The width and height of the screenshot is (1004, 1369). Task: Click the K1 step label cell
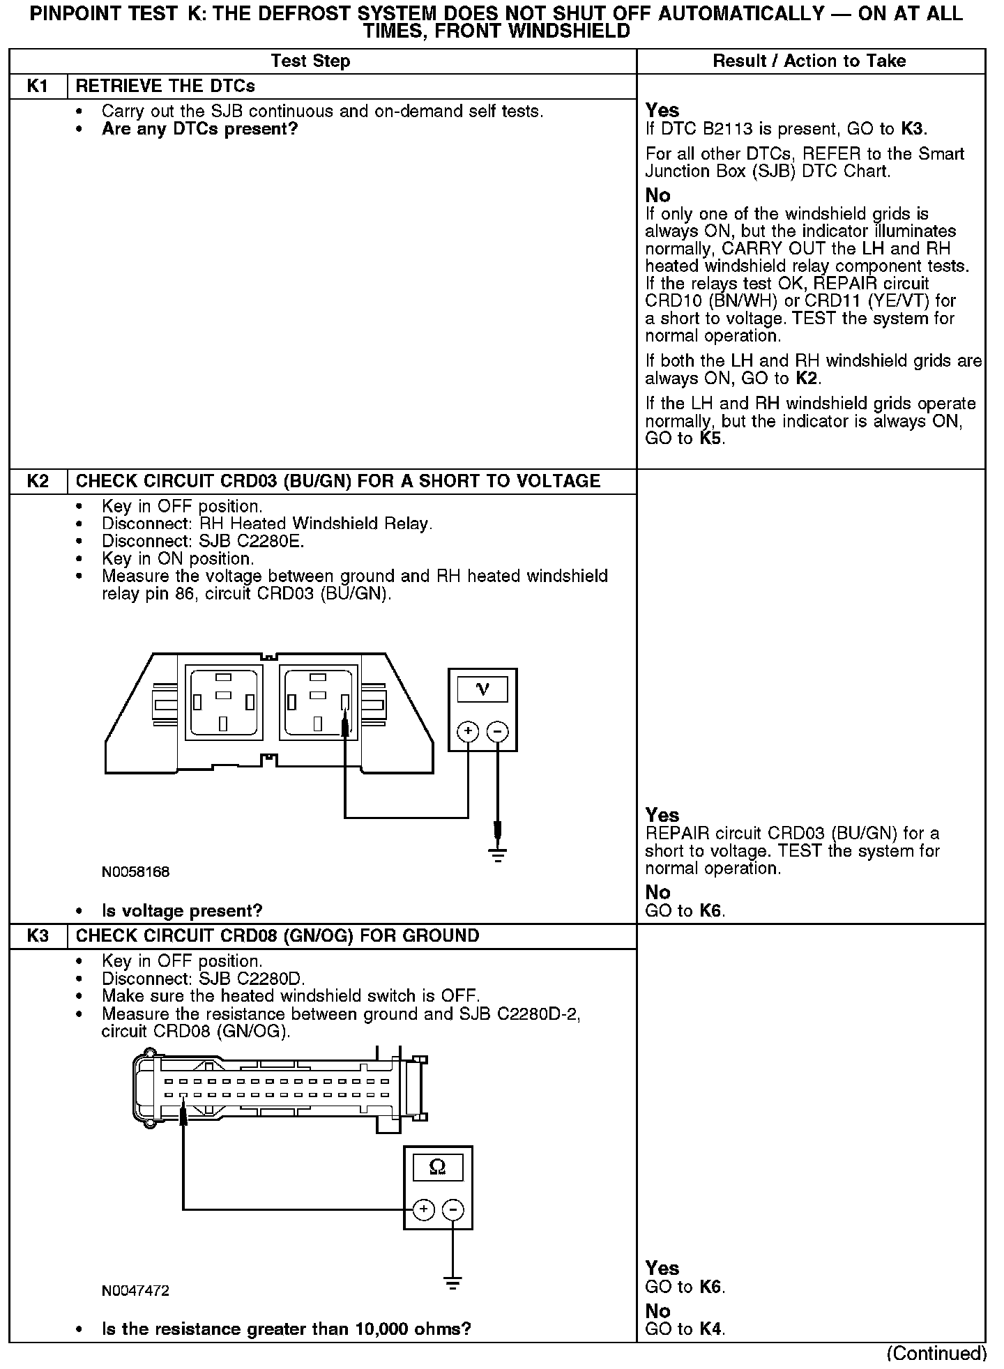click(x=38, y=86)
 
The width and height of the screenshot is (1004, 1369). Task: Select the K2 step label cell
click(x=38, y=482)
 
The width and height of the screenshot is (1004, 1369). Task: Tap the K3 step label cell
click(x=38, y=936)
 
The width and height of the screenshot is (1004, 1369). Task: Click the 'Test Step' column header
click(x=310, y=61)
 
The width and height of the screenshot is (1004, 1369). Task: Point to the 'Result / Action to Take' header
click(x=809, y=61)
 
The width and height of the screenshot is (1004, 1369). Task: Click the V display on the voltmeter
click(x=482, y=689)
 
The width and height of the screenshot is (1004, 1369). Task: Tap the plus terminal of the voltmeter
click(x=468, y=731)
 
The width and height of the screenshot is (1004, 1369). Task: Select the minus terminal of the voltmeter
click(x=497, y=731)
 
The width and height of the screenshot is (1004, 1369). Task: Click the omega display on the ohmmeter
click(x=438, y=1166)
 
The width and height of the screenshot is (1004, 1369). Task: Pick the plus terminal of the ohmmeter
click(x=423, y=1209)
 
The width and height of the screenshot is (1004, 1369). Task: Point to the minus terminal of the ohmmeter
click(x=453, y=1209)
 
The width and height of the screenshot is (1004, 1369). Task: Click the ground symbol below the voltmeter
click(x=497, y=855)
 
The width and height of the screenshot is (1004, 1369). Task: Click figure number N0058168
click(x=135, y=872)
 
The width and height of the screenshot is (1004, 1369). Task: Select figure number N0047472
click(x=135, y=1291)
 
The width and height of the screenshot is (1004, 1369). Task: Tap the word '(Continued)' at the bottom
click(x=936, y=1353)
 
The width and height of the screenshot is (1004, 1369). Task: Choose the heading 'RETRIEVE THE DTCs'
click(x=165, y=86)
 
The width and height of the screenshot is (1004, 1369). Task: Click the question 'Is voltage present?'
click(x=182, y=911)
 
